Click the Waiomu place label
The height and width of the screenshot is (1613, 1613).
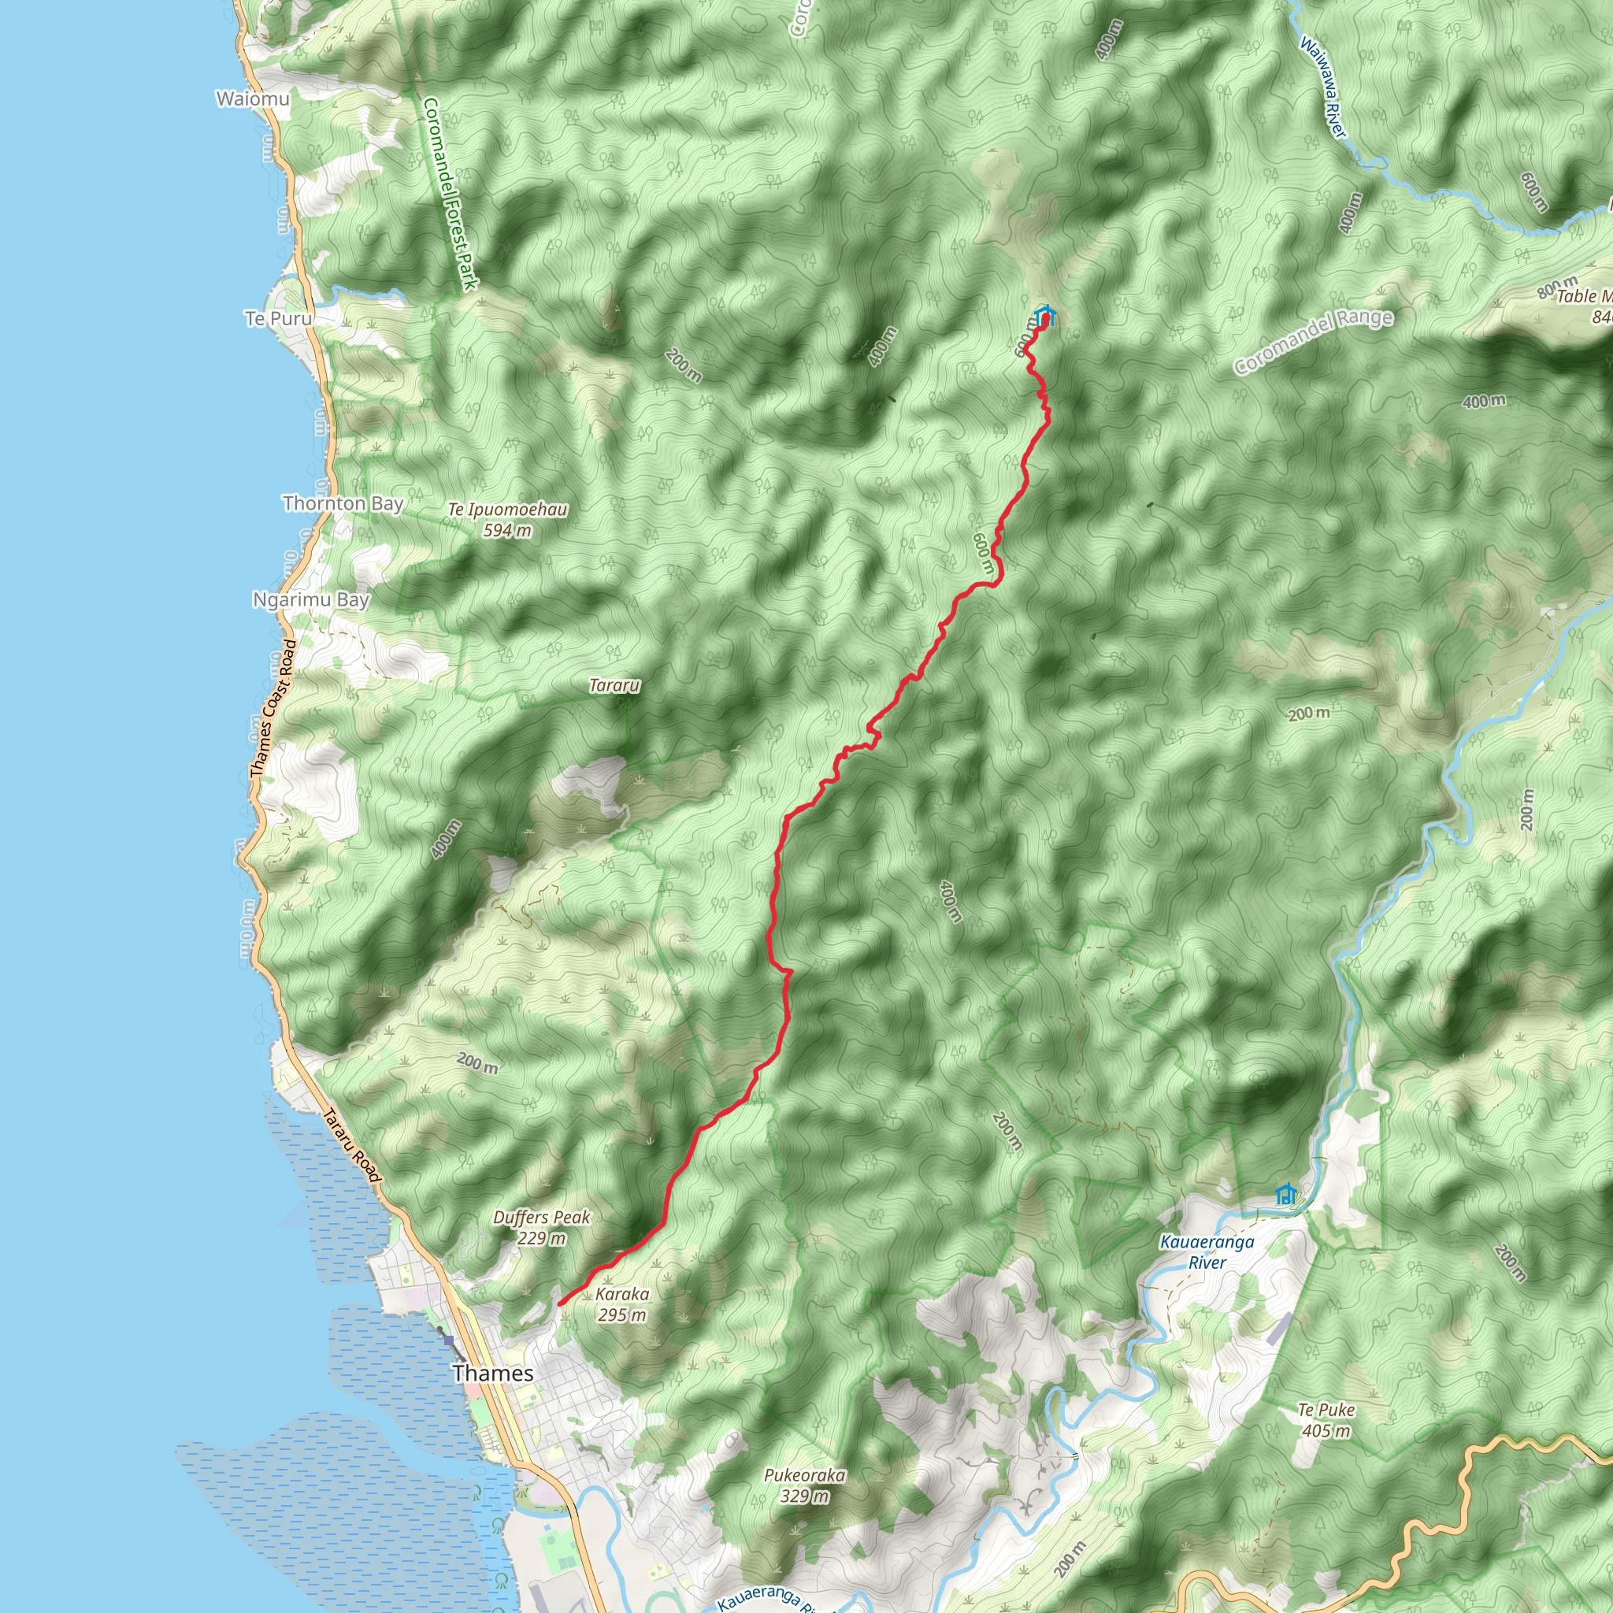tap(253, 99)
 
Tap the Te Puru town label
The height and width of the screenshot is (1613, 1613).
tap(279, 318)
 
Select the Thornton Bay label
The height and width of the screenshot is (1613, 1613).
tap(343, 503)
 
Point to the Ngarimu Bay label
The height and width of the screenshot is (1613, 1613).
tap(310, 599)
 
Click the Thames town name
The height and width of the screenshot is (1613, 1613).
tap(492, 1373)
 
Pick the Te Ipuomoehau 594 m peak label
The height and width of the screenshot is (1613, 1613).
tap(508, 519)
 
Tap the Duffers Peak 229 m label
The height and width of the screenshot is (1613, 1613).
tap(541, 1227)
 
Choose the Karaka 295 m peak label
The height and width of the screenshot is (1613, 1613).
tap(622, 1304)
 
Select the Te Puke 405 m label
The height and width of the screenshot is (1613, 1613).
tap(1326, 1420)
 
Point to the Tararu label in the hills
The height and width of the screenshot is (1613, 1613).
tap(614, 685)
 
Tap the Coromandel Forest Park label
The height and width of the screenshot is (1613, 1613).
tap(449, 194)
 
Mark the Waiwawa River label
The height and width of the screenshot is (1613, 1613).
tap(1324, 87)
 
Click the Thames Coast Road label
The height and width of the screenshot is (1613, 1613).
tap(274, 709)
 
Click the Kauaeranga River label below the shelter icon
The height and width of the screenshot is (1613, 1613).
tap(1207, 1251)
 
